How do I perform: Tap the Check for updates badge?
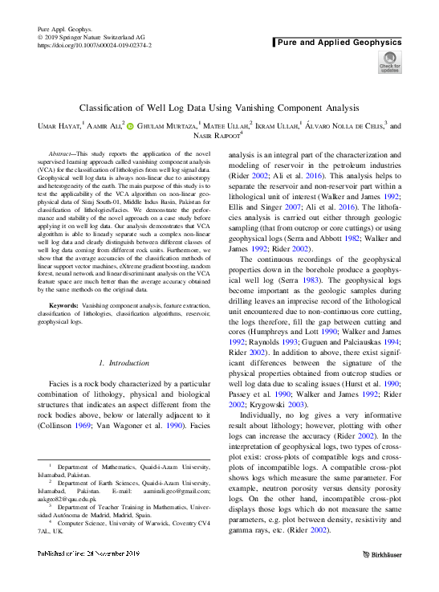pyautogui.click(x=390, y=63)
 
